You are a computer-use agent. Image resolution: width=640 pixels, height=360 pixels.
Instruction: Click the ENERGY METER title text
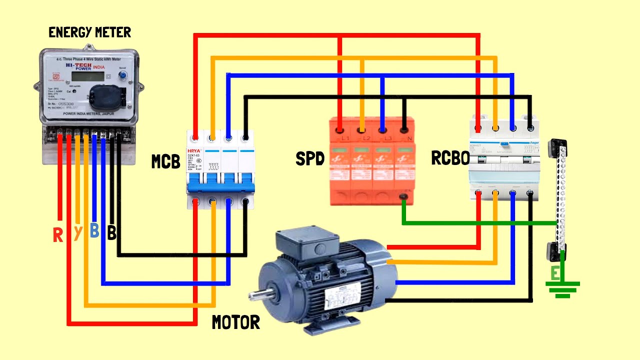click(89, 33)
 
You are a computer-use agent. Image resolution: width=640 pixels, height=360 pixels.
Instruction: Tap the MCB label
click(165, 161)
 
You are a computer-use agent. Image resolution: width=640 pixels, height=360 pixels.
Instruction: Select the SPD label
click(310, 159)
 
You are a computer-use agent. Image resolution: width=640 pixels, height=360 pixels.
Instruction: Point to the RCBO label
click(450, 158)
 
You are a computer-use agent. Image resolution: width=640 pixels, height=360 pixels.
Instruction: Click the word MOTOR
click(236, 322)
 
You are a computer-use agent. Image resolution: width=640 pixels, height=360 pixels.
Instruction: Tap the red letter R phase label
click(58, 235)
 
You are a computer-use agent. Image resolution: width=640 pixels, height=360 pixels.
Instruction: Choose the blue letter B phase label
click(94, 231)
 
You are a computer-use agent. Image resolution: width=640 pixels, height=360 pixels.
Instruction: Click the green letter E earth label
click(555, 273)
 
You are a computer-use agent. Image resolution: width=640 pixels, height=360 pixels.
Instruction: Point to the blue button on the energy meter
click(121, 75)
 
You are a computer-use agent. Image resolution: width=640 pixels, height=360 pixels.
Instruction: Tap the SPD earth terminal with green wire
click(403, 199)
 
